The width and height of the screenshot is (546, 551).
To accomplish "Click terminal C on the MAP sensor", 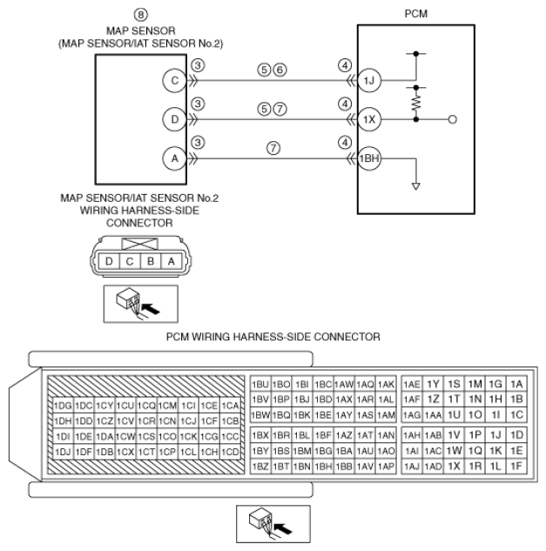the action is click(174, 80).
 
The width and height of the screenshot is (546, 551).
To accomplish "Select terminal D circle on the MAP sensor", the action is click(174, 119).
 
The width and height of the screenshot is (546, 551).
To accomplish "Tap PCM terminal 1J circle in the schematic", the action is click(369, 80).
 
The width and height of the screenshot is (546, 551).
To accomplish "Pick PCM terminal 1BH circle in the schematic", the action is click(369, 158).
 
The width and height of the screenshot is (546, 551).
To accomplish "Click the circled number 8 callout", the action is click(140, 15).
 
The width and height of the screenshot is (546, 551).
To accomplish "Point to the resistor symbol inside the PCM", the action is click(416, 104).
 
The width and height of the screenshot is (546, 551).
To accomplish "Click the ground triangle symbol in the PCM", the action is click(416, 186).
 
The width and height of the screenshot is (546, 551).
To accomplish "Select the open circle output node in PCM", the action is click(453, 119).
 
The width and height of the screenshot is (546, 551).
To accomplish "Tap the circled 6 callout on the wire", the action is click(280, 70).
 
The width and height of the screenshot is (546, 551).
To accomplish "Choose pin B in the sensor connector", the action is click(151, 261).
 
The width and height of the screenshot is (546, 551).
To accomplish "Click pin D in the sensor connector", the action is click(109, 261).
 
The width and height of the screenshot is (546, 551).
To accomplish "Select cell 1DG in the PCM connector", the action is click(63, 406).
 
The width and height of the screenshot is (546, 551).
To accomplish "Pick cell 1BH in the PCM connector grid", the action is click(323, 467).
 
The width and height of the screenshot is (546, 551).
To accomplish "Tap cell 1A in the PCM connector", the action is click(516, 384).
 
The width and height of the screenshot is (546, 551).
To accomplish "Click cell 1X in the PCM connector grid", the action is click(454, 467).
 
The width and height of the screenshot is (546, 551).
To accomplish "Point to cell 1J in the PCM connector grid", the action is click(495, 435).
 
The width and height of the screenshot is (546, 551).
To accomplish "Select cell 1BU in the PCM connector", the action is click(260, 385).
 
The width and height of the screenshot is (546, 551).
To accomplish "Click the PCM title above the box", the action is click(416, 14).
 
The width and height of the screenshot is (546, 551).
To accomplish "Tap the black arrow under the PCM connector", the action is click(283, 528).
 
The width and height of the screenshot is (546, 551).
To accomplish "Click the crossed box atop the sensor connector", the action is click(139, 244).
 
